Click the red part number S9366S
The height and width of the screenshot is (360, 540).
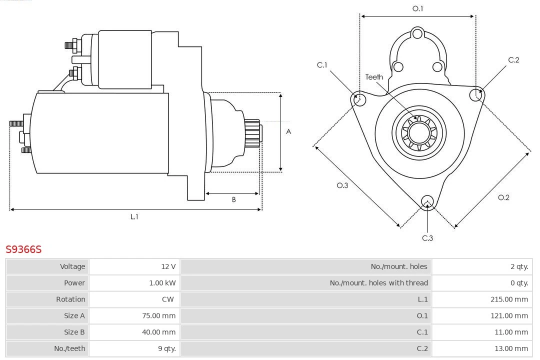[23, 249]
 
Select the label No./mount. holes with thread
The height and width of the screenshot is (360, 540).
[378, 283]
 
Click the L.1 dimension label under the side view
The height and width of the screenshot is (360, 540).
[134, 217]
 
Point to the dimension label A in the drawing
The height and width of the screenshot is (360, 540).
[288, 132]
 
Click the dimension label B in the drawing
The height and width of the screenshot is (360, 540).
[233, 200]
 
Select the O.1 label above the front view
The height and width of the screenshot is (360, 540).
[417, 8]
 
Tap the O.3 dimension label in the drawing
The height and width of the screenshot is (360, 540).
[342, 185]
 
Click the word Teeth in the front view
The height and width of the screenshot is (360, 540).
[374, 77]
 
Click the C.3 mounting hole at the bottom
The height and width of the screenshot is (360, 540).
[427, 201]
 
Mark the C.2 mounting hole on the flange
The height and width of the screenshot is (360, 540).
[475, 94]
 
